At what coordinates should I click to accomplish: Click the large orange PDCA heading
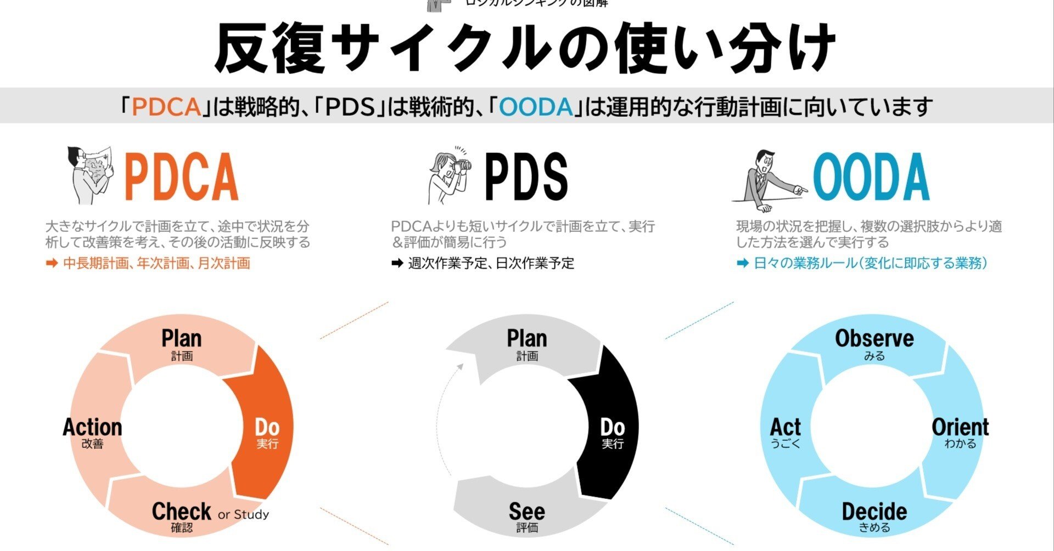[x=182, y=177]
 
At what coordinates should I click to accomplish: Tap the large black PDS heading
[x=526, y=177]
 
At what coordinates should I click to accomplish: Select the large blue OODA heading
[x=871, y=177]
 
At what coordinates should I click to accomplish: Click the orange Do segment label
[x=267, y=428]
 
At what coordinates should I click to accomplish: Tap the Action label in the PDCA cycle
[x=92, y=428]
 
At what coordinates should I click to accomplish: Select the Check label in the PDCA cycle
[x=181, y=512]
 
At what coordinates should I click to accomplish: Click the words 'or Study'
[x=243, y=515]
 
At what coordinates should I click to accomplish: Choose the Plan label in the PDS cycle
[x=526, y=339]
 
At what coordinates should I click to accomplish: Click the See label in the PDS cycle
[x=526, y=512]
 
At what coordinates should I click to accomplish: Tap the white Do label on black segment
[x=612, y=428]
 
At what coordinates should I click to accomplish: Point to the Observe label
[x=874, y=339]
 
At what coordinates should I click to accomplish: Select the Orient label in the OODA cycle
[x=960, y=428]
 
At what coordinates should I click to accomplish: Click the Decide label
[x=874, y=512]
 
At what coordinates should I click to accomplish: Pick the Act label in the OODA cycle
[x=785, y=428]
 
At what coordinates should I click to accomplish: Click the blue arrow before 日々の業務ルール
[x=743, y=264]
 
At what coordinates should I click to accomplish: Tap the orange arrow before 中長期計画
[x=52, y=264]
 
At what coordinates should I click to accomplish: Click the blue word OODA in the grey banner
[x=536, y=106]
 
